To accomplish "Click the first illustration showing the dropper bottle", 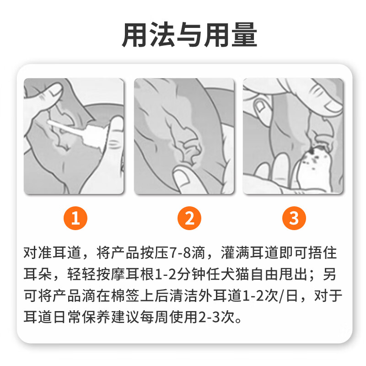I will pos(74,136).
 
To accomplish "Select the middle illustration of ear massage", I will pos(183,136).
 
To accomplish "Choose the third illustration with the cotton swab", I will pos(293,136).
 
